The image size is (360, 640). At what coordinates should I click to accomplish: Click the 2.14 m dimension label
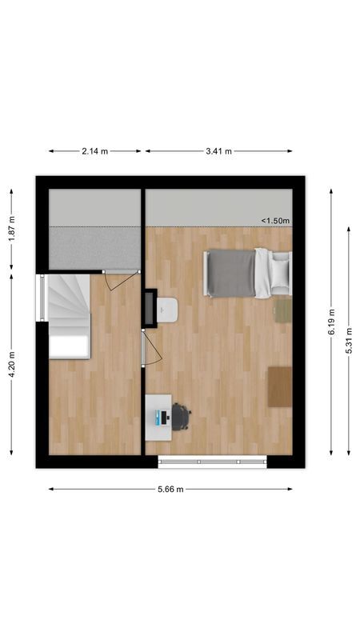[x=94, y=150]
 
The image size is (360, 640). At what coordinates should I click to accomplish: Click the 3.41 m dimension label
[x=218, y=150]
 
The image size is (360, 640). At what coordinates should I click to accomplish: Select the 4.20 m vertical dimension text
[x=11, y=365]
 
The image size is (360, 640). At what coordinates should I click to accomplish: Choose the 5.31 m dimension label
[x=349, y=339]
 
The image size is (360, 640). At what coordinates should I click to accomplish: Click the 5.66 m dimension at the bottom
[x=169, y=489]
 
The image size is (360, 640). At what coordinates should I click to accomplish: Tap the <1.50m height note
[x=275, y=221]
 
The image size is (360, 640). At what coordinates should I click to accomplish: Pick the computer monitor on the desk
[x=162, y=417]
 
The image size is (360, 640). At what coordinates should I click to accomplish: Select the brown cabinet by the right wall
[x=280, y=386]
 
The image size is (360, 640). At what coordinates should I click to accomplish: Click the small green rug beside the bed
[x=282, y=310]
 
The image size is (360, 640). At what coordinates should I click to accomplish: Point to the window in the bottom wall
[x=212, y=462]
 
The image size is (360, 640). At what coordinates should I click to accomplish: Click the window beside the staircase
[x=41, y=298]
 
